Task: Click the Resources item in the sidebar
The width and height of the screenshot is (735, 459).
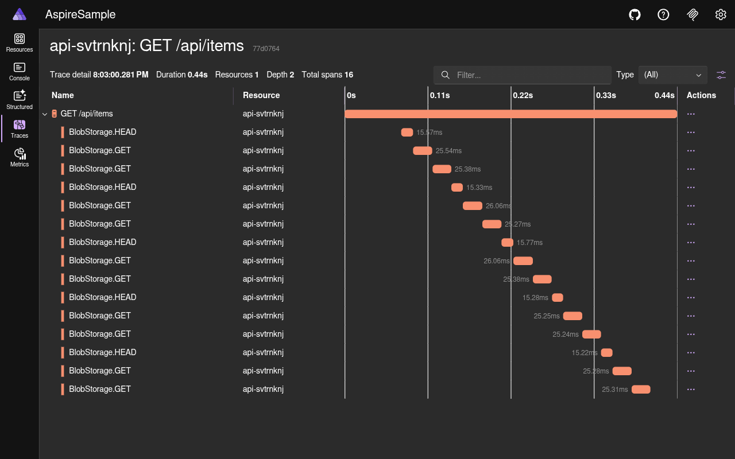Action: pos(20,42)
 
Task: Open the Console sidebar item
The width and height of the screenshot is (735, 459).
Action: pos(20,71)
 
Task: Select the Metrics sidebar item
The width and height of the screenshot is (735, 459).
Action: pos(20,157)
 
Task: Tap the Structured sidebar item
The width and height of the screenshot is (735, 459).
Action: pos(20,100)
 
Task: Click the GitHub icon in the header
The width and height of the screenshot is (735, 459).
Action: pos(635,14)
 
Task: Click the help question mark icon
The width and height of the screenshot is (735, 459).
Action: pos(663,14)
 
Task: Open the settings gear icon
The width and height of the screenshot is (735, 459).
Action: pos(721,14)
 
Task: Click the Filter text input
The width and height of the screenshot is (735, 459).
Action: pos(528,75)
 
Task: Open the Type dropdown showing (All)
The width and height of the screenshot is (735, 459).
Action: pos(672,75)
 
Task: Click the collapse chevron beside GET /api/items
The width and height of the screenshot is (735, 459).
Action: pos(45,114)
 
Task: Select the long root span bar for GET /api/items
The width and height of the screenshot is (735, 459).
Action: pos(510,114)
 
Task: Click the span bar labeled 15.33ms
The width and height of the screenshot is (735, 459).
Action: pos(457,188)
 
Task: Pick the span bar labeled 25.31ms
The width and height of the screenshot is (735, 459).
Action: pos(641,390)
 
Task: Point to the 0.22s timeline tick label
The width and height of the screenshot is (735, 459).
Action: pos(523,95)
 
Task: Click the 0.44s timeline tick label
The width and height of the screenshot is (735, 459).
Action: pos(664,95)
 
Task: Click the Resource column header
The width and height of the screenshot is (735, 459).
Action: pos(261,95)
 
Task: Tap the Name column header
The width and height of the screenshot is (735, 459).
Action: pos(63,95)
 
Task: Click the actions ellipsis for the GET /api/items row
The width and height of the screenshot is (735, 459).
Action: pos(691,114)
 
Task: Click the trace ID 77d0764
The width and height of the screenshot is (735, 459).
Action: pos(266,49)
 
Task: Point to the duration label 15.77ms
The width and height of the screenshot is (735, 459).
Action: pos(529,243)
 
